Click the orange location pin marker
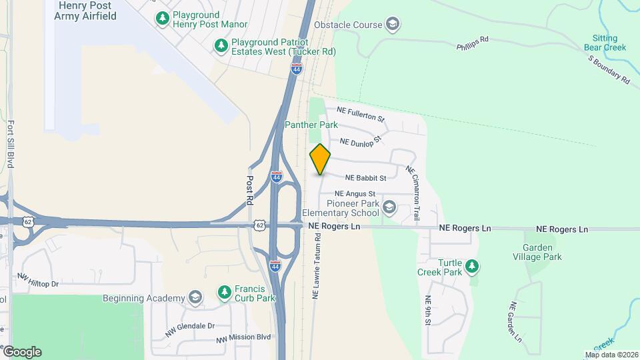click(x=320, y=159)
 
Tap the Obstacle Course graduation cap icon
click(x=393, y=25)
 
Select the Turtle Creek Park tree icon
click(x=472, y=267)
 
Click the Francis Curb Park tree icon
click(x=225, y=293)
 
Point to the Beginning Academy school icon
click(x=195, y=297)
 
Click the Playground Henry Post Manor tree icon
click(x=161, y=19)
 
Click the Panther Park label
click(x=311, y=125)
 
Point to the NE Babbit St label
click(x=366, y=179)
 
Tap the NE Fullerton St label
click(x=361, y=114)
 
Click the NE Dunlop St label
click(x=360, y=141)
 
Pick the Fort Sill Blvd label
click(x=11, y=143)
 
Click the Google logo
click(x=22, y=352)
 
